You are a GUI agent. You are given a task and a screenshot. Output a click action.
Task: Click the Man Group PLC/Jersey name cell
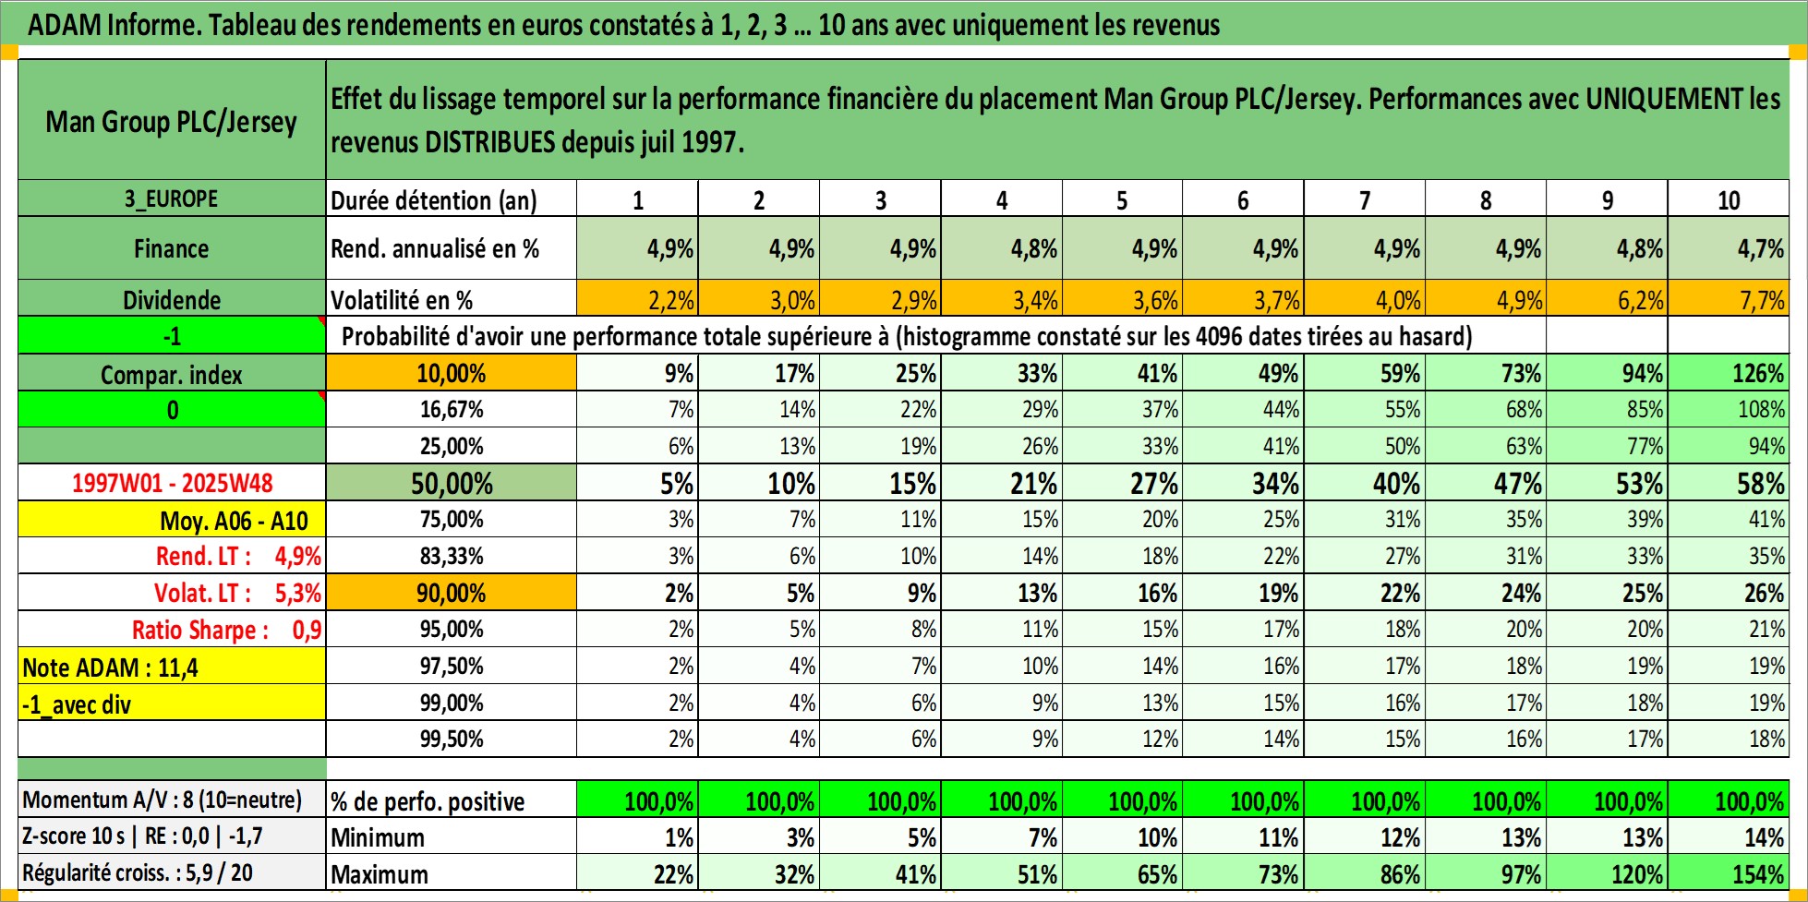pos(172,121)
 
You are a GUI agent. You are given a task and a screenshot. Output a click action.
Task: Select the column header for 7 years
pos(1364,200)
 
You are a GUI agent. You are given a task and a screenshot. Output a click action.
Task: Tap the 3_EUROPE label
pos(172,199)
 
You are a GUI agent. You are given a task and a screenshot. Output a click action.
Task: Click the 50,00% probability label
pos(452,483)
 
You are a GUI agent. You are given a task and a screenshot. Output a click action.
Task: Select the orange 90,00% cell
pos(452,593)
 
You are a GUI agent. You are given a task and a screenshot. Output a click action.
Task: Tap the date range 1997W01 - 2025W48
pos(172,483)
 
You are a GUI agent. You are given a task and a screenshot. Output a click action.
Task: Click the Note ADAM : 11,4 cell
pos(172,667)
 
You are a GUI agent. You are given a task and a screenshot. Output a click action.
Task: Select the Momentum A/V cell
pos(172,800)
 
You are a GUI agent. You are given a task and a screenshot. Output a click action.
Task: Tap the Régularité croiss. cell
pos(172,873)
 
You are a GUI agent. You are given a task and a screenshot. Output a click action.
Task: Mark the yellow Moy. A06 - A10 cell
pos(172,521)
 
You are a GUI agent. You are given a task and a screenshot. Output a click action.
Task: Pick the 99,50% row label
pos(452,740)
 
